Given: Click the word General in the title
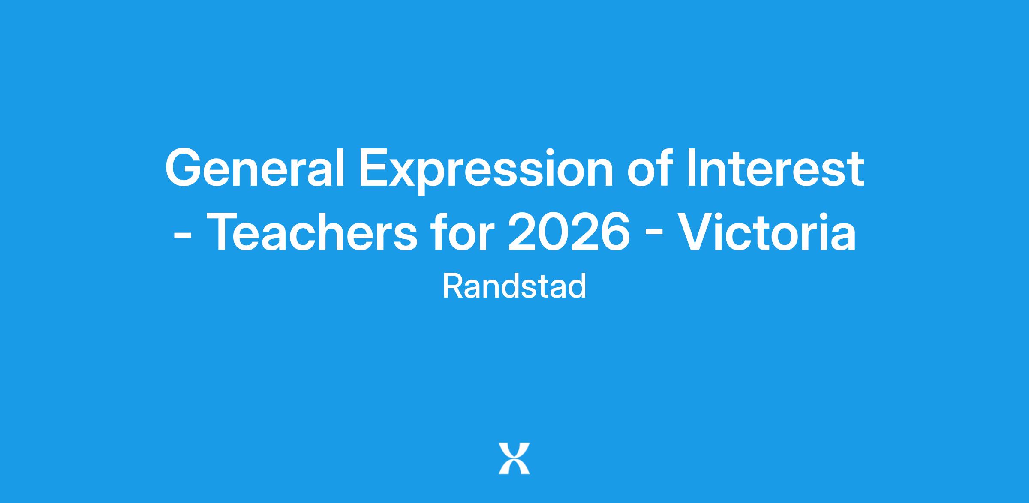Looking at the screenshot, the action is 255,168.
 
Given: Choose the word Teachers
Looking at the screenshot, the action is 313,232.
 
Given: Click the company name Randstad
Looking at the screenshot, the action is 514,286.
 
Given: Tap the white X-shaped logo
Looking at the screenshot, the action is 514,458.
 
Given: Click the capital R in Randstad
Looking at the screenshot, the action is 453,286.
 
